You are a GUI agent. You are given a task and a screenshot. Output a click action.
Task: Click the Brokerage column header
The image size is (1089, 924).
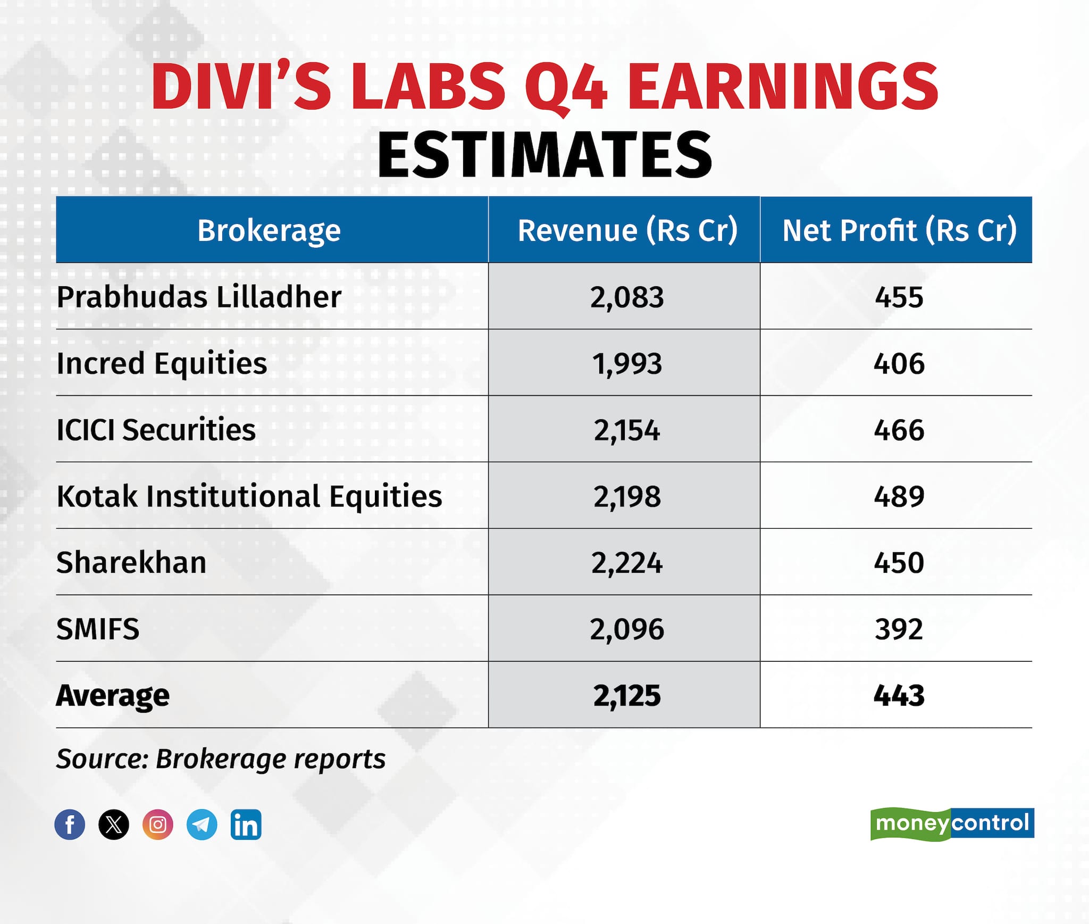click(269, 230)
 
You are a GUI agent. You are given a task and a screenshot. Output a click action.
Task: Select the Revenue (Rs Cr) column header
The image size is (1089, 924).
click(627, 230)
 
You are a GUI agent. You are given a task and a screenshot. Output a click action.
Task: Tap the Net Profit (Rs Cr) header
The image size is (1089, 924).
click(899, 230)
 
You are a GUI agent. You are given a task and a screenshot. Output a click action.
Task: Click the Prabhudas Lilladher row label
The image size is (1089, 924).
click(199, 297)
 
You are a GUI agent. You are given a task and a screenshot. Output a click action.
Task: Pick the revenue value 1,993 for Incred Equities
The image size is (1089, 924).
click(627, 364)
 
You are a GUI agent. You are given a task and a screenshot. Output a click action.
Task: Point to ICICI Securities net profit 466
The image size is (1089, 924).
click(899, 430)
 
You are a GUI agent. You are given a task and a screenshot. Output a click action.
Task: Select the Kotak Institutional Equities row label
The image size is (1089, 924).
click(249, 496)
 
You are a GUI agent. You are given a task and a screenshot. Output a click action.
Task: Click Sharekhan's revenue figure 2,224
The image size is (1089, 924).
click(627, 563)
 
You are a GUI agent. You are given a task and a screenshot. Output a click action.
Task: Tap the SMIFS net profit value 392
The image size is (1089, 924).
click(899, 629)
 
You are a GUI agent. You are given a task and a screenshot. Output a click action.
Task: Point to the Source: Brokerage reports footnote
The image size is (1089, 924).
click(221, 759)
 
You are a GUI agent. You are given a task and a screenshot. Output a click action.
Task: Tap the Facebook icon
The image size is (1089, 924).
click(70, 825)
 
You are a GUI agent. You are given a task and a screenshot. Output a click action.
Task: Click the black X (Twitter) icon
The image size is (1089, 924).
click(114, 825)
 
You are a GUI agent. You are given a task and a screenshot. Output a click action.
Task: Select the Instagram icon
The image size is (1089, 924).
click(158, 825)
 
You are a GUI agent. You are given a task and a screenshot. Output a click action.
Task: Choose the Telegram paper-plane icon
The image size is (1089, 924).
click(202, 825)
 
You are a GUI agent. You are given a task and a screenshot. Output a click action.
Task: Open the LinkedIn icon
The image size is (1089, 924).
click(246, 825)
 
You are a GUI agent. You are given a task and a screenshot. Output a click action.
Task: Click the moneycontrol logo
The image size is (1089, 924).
click(952, 823)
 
